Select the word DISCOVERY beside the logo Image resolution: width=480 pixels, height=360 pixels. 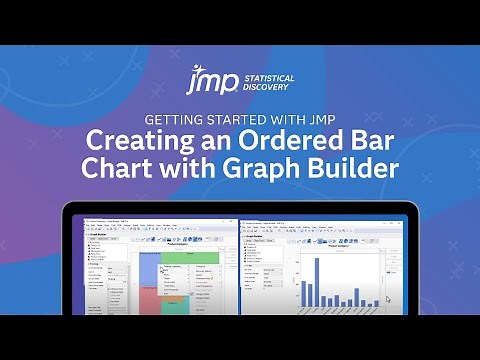point(260,84)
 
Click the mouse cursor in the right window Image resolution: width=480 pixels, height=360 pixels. point(389,299)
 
